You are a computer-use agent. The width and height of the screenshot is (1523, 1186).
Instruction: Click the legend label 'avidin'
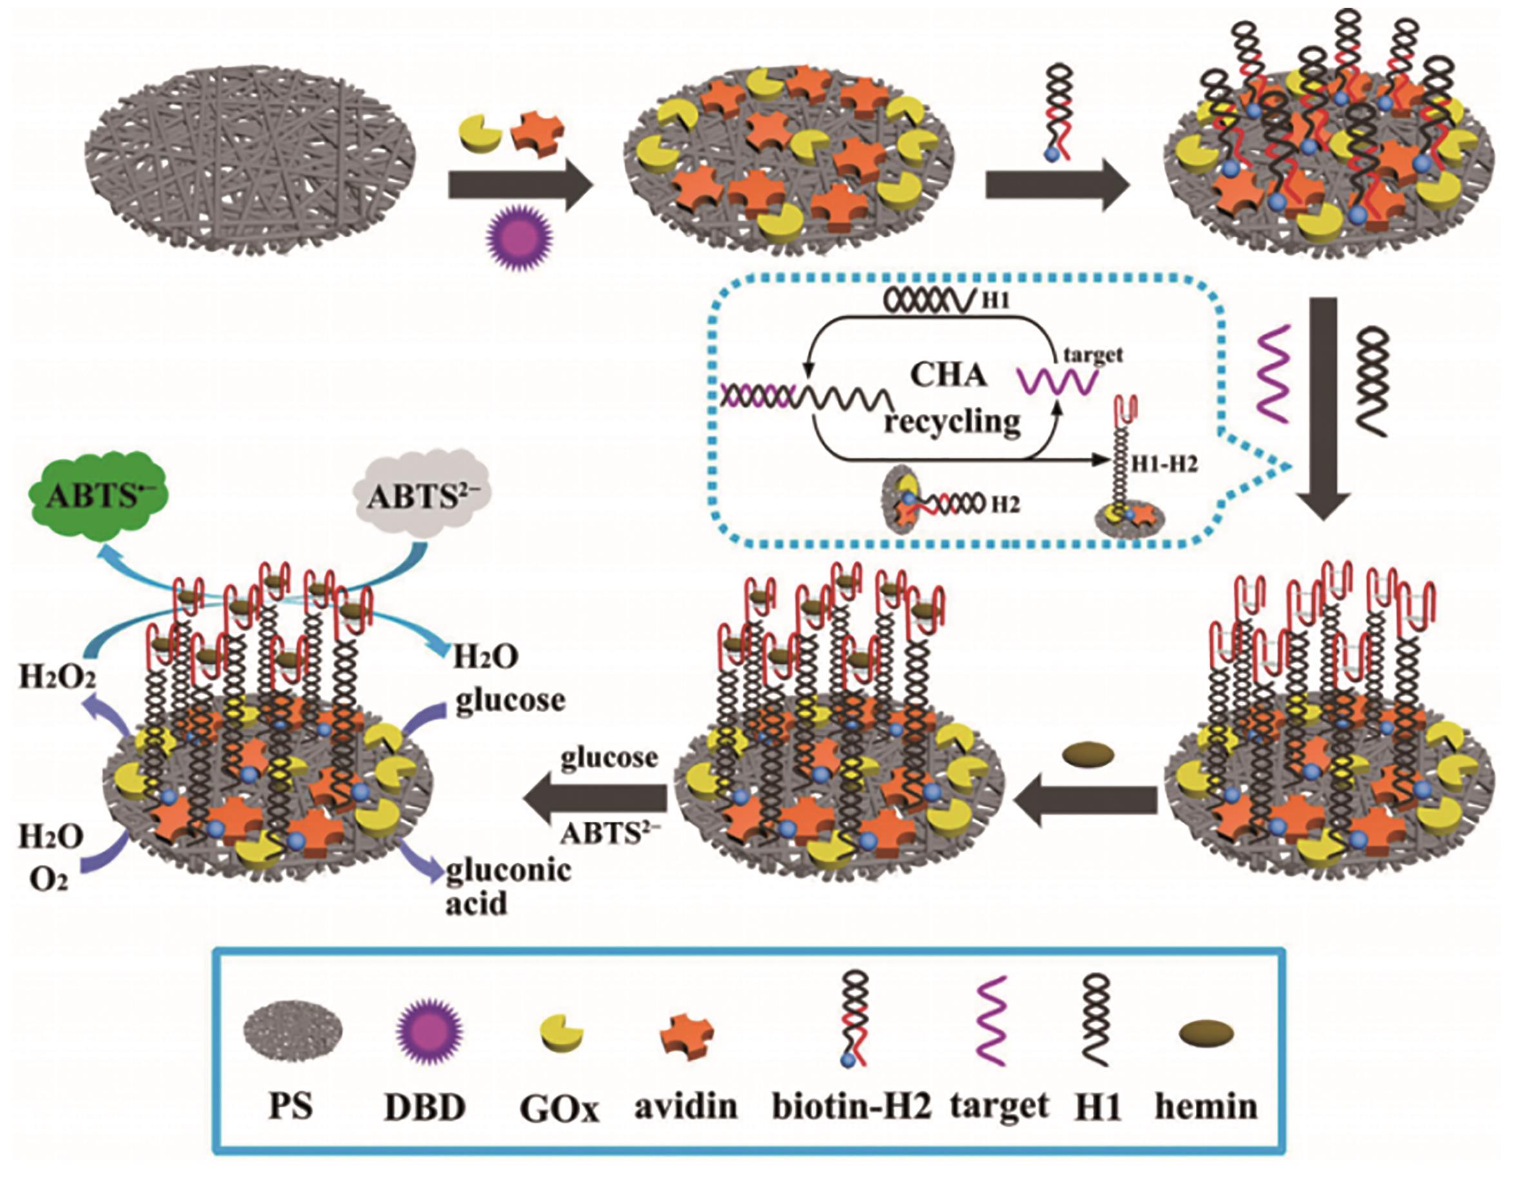pos(685,1105)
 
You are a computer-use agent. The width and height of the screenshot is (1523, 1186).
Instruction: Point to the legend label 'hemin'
pos(1206,1105)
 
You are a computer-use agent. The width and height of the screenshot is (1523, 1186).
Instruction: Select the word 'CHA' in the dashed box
pos(948,375)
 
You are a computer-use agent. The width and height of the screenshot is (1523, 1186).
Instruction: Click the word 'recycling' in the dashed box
pos(952,422)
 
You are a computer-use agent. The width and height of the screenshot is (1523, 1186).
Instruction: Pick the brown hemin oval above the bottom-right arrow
pos(1087,754)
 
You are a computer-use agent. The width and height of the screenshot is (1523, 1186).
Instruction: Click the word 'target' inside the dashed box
pos(1093,355)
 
